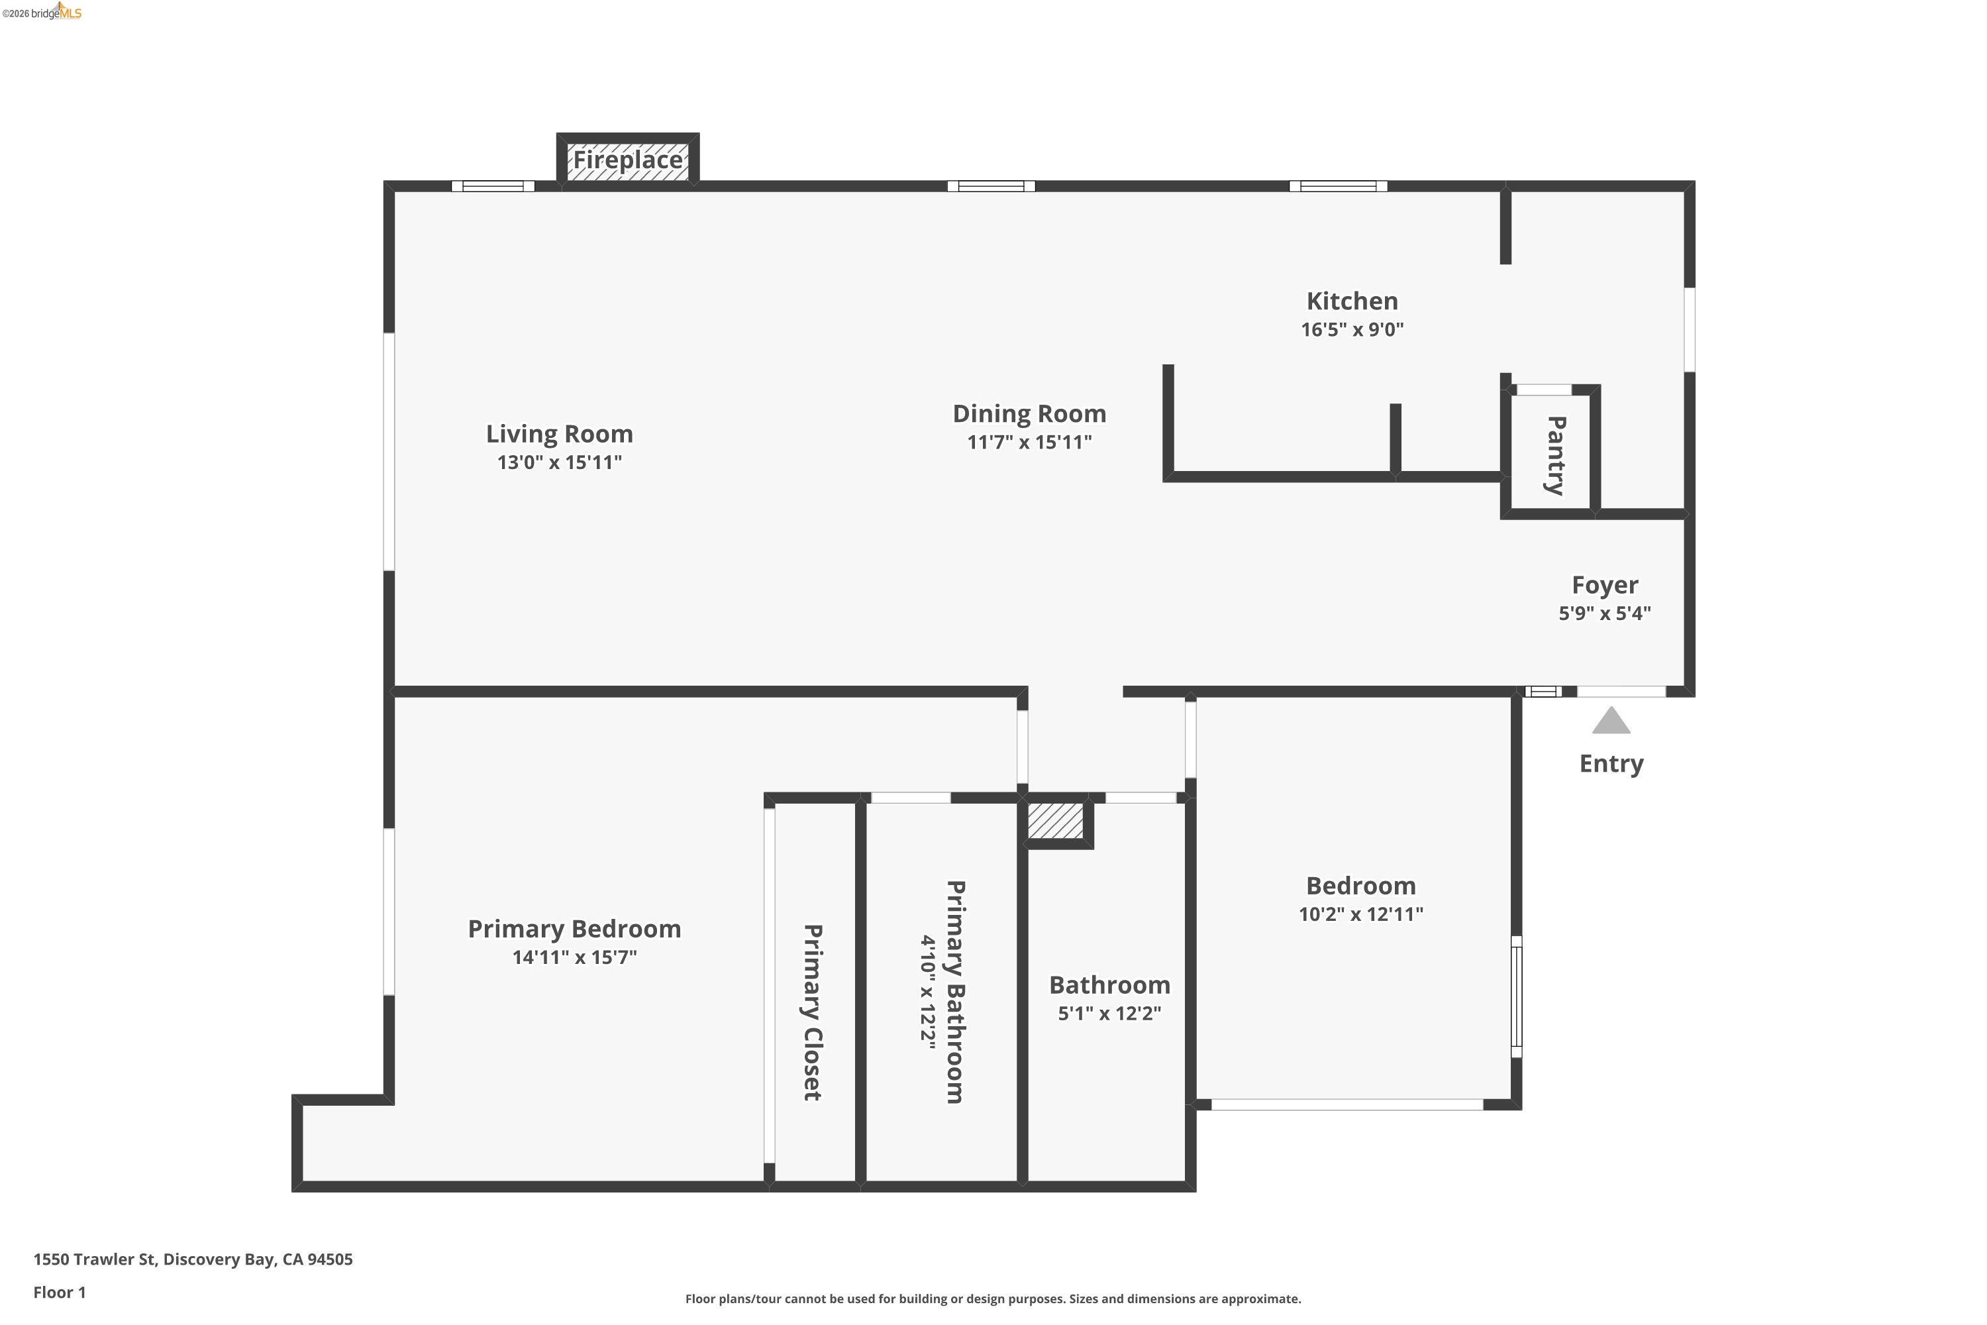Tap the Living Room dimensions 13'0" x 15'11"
coord(559,462)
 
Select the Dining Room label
coord(1029,413)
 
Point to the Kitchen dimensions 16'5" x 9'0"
coord(1352,329)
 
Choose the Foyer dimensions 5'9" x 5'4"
coord(1604,613)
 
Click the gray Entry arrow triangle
coord(1610,721)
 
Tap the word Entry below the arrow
coord(1610,763)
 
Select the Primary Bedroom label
coord(574,929)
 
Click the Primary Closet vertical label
coord(812,1012)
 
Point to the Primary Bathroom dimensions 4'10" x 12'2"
coord(929,991)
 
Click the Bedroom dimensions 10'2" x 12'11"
coord(1360,914)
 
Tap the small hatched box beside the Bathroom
coord(1055,821)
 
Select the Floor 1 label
coord(59,1292)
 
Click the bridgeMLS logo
coord(42,12)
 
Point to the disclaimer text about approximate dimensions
coord(993,1298)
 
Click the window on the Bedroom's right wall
coord(1517,996)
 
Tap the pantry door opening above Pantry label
coord(1543,390)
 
